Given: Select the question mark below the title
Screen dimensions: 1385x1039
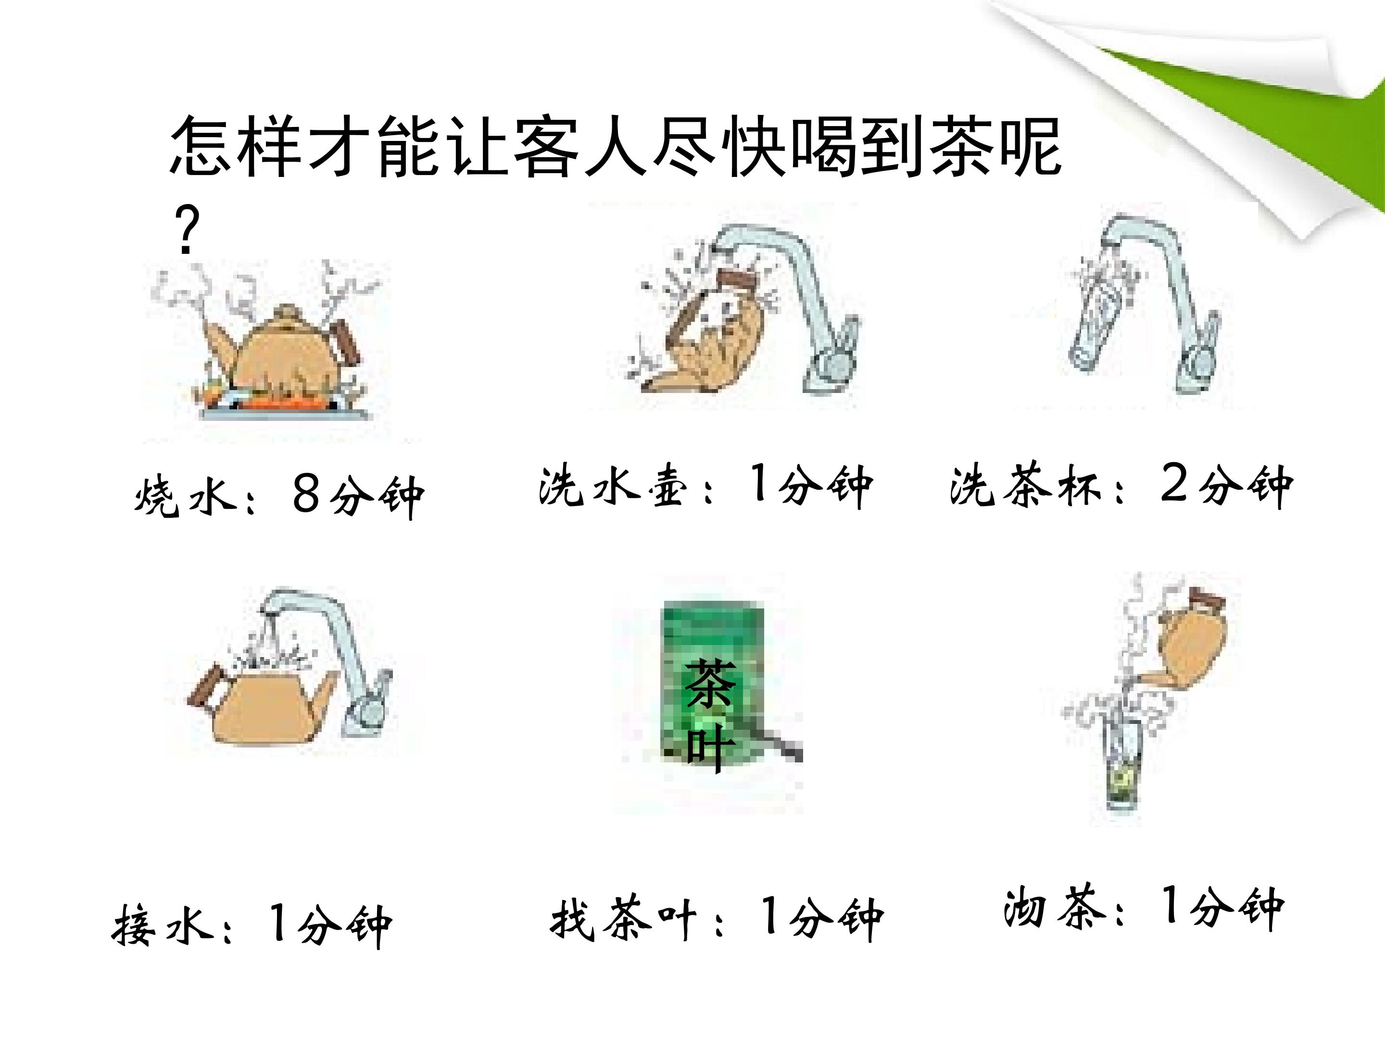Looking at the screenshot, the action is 186,230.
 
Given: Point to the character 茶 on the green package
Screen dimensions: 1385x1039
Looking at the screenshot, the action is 709,684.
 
